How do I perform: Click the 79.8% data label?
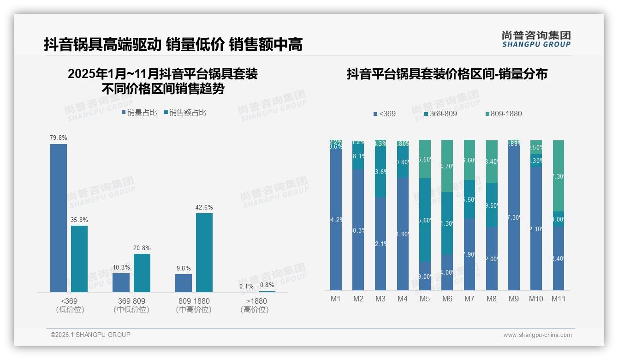click(59, 138)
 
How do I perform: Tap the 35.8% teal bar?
click(79, 258)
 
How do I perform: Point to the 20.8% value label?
click(142, 248)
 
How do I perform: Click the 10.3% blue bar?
click(121, 282)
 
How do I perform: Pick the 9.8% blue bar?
click(184, 283)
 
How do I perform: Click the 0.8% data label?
click(267, 285)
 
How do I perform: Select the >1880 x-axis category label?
click(254, 301)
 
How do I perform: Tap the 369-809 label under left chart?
click(131, 301)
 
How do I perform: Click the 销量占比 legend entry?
click(139, 112)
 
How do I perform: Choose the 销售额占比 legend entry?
click(185, 112)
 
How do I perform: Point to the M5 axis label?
click(425, 299)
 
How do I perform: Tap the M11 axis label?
click(559, 299)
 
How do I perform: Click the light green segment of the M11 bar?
click(559, 175)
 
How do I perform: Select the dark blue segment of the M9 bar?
click(514, 217)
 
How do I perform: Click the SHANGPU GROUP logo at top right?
click(536, 39)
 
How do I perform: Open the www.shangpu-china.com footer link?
click(537, 335)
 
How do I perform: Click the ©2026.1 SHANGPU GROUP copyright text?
click(90, 335)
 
